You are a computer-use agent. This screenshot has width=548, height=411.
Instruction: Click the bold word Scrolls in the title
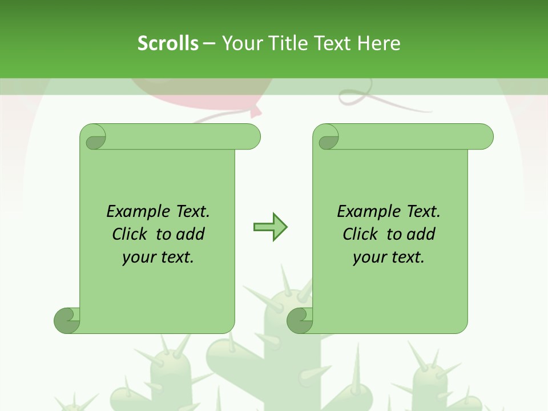(x=168, y=43)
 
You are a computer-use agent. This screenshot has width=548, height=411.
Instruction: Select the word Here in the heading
(x=378, y=43)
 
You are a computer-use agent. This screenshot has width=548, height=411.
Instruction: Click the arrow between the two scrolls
(x=270, y=227)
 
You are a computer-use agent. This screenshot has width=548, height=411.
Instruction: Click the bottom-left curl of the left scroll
(x=67, y=320)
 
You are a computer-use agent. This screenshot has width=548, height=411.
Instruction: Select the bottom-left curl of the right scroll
(x=300, y=320)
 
